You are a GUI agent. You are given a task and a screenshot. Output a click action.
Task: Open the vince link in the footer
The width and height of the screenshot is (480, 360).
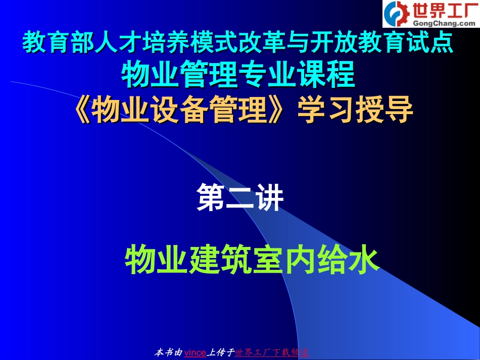(x=195, y=352)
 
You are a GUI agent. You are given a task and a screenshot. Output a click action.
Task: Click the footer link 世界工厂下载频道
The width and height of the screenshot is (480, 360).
(x=272, y=352)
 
